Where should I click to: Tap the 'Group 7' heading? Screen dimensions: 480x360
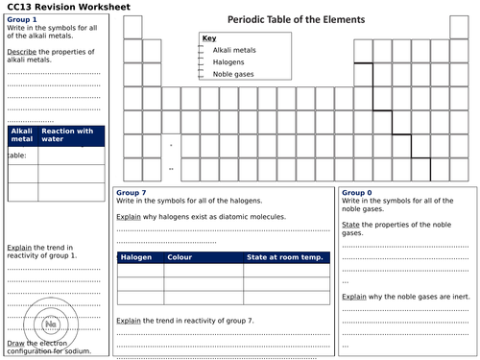coord(132,193)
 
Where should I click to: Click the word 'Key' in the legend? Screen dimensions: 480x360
coord(209,38)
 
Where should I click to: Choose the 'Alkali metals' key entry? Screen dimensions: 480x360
coord(234,49)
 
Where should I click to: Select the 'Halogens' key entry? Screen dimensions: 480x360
coord(228,61)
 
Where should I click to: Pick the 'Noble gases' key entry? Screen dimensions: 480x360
coord(233,74)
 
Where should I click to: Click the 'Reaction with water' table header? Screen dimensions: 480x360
coord(74,135)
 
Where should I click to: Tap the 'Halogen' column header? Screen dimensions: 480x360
coord(135,257)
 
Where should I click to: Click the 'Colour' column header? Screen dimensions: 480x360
coord(180,257)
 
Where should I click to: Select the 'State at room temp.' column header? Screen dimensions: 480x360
coord(284,257)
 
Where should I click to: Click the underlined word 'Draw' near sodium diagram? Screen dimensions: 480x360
coord(16,343)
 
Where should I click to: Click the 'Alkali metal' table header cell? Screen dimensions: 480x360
coord(21,135)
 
